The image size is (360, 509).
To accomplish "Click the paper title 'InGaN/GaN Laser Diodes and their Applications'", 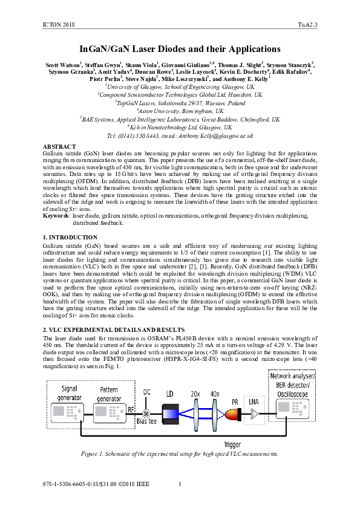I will (180, 49).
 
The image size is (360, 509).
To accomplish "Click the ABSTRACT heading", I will (59, 147).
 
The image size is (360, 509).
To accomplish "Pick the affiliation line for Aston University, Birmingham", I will (180, 111).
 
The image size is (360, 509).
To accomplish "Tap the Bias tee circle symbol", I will (146, 413).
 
